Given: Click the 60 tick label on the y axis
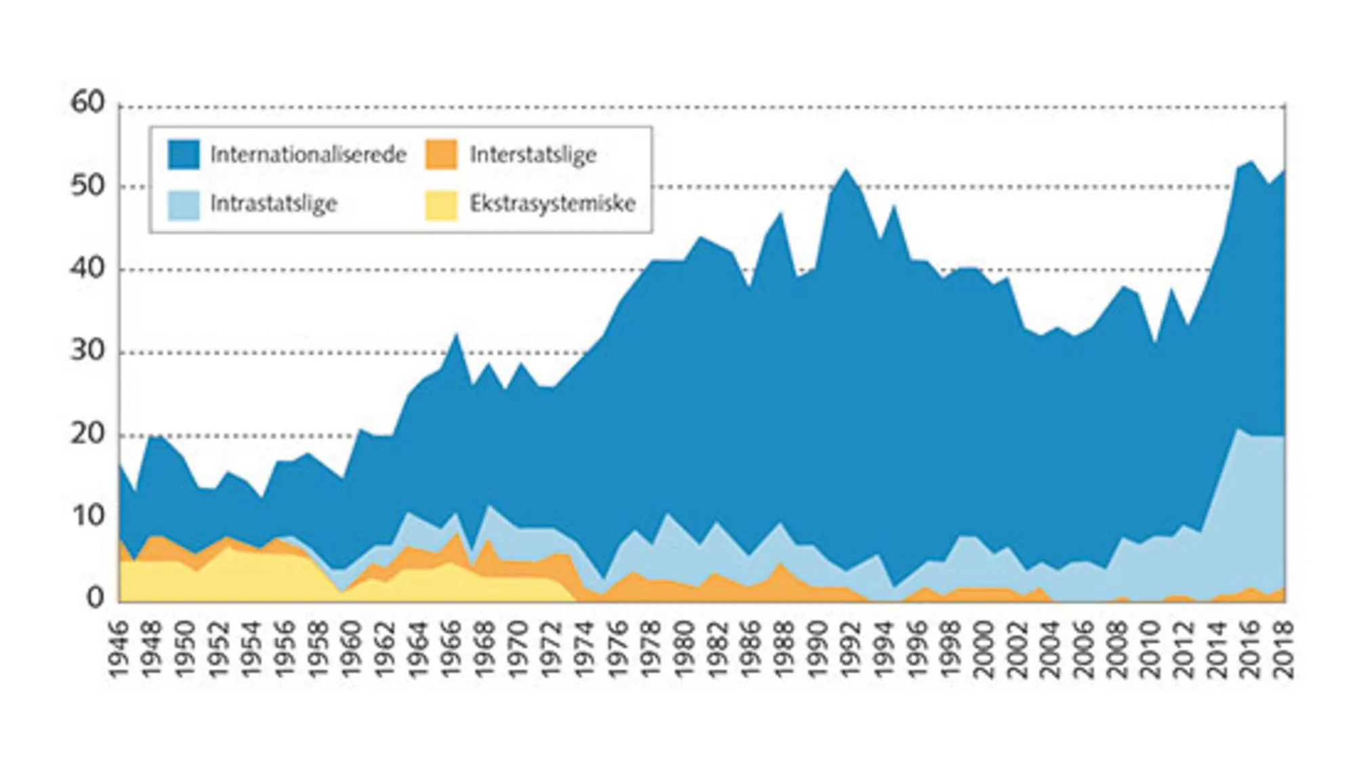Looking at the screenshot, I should (88, 103).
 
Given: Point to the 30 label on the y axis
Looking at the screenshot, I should (88, 351).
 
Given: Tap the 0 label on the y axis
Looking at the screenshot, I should (96, 598).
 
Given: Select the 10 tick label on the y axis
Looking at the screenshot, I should (88, 516).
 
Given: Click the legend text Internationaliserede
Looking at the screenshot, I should (308, 155).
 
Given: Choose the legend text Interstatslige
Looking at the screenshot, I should (533, 155).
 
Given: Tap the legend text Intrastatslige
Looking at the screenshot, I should (274, 203).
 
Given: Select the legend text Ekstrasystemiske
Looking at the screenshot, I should (553, 203).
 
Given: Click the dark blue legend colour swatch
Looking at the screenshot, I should (184, 155).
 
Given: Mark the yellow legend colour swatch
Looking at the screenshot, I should (441, 204).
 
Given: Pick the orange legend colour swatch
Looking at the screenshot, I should (441, 155).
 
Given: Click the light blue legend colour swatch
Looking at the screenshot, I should (184, 204).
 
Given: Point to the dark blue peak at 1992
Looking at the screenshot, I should (846, 170).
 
